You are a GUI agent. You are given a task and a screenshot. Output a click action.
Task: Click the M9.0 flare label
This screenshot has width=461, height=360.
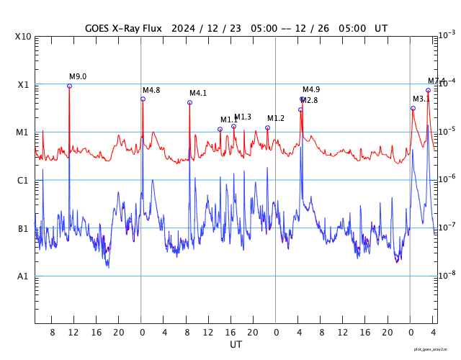[78, 76]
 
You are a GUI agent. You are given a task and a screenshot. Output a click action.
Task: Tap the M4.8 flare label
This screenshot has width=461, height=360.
[151, 90]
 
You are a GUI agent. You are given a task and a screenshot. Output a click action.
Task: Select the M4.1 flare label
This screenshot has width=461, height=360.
[198, 93]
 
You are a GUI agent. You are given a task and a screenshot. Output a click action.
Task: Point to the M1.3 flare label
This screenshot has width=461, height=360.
[243, 117]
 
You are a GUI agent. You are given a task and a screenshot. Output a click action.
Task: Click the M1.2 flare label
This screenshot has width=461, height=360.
[276, 118]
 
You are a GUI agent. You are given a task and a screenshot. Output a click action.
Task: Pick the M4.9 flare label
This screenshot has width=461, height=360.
[311, 89]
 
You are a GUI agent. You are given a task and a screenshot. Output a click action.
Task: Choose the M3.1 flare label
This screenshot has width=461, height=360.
[421, 99]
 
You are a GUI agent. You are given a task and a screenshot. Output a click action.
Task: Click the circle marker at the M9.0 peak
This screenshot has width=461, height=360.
[70, 86]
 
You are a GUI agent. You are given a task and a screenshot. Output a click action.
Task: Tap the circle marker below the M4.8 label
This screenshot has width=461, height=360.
[143, 99]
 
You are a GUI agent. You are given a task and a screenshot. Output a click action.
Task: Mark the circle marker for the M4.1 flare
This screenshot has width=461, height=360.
[189, 102]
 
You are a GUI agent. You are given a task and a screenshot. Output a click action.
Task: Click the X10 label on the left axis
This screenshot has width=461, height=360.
[24, 37]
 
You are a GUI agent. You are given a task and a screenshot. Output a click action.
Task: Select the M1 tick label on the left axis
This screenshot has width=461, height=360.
[24, 132]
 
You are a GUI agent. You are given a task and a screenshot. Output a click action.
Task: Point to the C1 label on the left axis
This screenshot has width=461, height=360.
[24, 181]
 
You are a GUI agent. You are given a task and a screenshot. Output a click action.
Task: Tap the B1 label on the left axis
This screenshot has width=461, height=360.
[24, 229]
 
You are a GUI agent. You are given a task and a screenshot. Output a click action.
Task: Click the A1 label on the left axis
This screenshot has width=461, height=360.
[24, 276]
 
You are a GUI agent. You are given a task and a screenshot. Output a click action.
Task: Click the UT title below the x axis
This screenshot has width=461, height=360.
[236, 345]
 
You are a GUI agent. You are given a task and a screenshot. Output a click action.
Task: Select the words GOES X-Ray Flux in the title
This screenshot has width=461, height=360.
[123, 29]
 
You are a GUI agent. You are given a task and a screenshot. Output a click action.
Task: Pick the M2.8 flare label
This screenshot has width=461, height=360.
[309, 100]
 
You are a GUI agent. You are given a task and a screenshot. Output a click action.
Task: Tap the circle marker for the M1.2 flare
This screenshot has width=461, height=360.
[267, 127]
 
